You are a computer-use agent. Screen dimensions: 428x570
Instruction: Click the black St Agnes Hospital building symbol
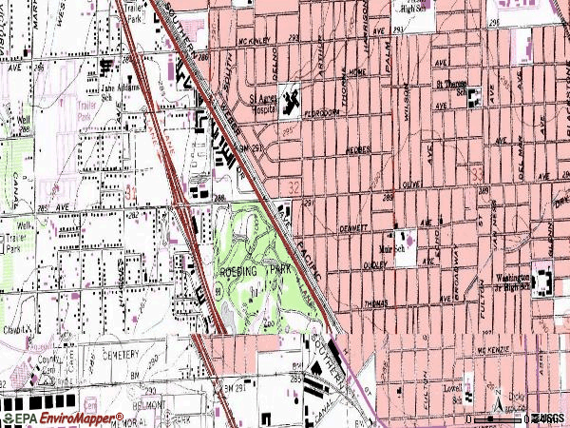click(288, 96)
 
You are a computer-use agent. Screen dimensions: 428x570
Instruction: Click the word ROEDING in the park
click(240, 271)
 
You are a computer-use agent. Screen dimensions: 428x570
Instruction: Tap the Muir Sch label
click(389, 238)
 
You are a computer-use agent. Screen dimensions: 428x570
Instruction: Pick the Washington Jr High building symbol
click(542, 282)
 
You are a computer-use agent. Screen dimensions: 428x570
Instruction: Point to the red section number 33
click(478, 171)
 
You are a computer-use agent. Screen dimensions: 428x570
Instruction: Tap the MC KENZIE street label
click(495, 349)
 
